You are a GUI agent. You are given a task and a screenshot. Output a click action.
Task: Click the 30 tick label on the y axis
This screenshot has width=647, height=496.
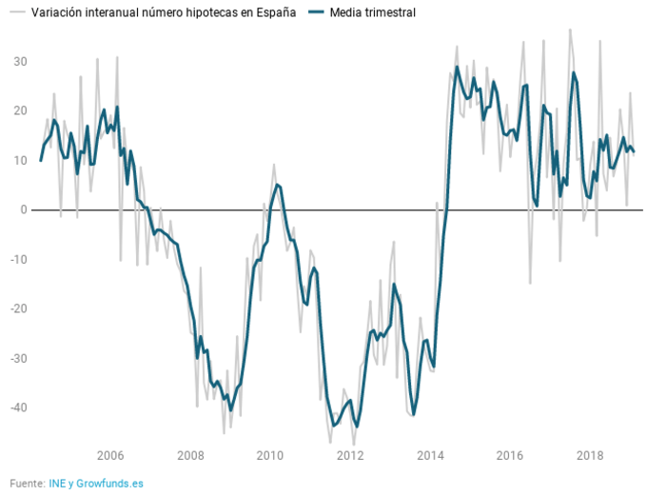coord(20,61)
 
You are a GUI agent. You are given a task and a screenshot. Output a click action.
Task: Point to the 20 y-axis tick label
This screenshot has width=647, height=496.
coord(20,110)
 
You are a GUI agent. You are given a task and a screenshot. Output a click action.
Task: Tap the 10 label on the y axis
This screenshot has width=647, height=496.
coord(20,160)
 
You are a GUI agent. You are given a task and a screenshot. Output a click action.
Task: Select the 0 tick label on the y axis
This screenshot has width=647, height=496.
coord(24,209)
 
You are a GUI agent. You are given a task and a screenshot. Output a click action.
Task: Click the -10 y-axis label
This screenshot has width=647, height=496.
coord(18,259)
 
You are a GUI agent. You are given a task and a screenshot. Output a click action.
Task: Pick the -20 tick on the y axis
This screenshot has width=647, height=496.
coord(18,308)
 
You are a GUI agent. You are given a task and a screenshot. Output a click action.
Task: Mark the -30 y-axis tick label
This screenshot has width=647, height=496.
coord(18,358)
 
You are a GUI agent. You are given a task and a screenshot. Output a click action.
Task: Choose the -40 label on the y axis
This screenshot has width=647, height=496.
coord(18,407)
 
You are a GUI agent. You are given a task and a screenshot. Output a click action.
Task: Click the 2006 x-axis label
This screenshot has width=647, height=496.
coord(110,454)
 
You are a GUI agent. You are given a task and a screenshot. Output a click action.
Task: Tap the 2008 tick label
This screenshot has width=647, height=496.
coord(190,454)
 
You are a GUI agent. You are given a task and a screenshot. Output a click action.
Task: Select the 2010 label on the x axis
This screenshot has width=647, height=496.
coord(270,454)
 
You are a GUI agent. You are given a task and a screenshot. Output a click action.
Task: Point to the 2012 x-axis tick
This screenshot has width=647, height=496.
coord(350,454)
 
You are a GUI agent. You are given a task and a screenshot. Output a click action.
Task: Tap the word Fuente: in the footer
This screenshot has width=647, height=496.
coord(28,483)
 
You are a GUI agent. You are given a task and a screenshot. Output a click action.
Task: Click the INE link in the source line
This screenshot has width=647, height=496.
coord(57,483)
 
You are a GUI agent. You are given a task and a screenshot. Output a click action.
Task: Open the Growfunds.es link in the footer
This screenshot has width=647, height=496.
coord(109,483)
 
